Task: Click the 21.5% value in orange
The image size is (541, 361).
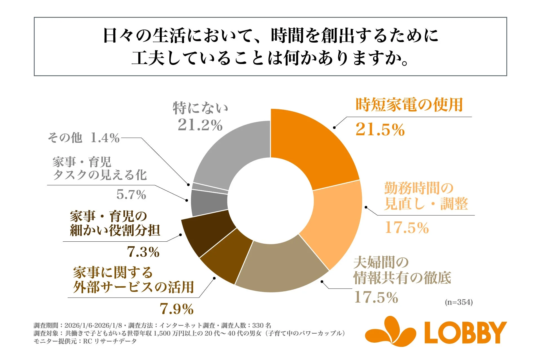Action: [x=380, y=130]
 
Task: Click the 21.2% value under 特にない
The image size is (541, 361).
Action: [x=200, y=125]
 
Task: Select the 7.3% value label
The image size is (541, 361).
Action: [x=143, y=252]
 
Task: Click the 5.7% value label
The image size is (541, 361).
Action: [x=131, y=195]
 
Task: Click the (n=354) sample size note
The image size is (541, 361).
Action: [x=459, y=302]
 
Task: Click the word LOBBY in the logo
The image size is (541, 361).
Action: [x=465, y=333]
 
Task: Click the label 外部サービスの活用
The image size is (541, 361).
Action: [x=134, y=287]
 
